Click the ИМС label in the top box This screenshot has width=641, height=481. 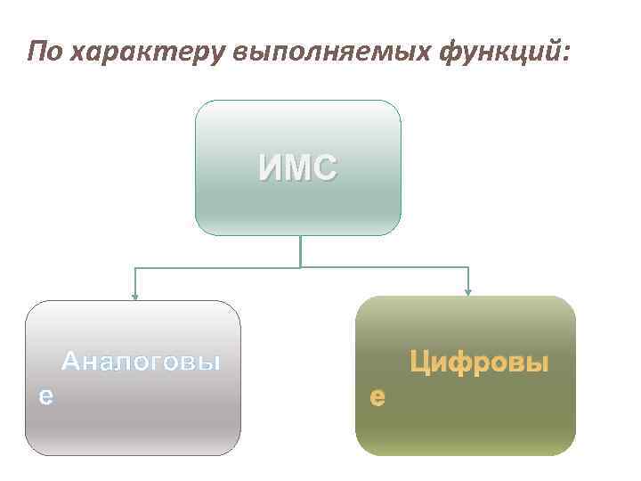coord(298,168)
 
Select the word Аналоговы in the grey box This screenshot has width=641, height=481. coord(141,363)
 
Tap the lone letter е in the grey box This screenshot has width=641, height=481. coord(45,396)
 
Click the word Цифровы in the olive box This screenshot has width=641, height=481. coord(478,363)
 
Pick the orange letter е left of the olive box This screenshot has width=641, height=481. coord(377,397)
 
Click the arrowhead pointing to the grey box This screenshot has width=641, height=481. coord(134,295)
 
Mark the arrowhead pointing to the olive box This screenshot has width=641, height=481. coord(468,291)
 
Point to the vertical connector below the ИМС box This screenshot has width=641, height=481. coord(300,251)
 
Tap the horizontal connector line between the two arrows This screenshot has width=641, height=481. coord(223,267)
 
